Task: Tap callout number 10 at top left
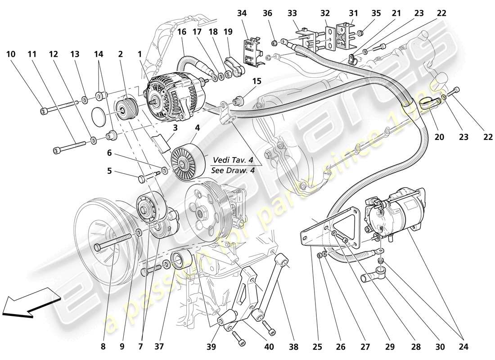11,54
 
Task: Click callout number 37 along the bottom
159,346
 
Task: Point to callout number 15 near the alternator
257,81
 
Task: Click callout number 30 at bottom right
440,346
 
